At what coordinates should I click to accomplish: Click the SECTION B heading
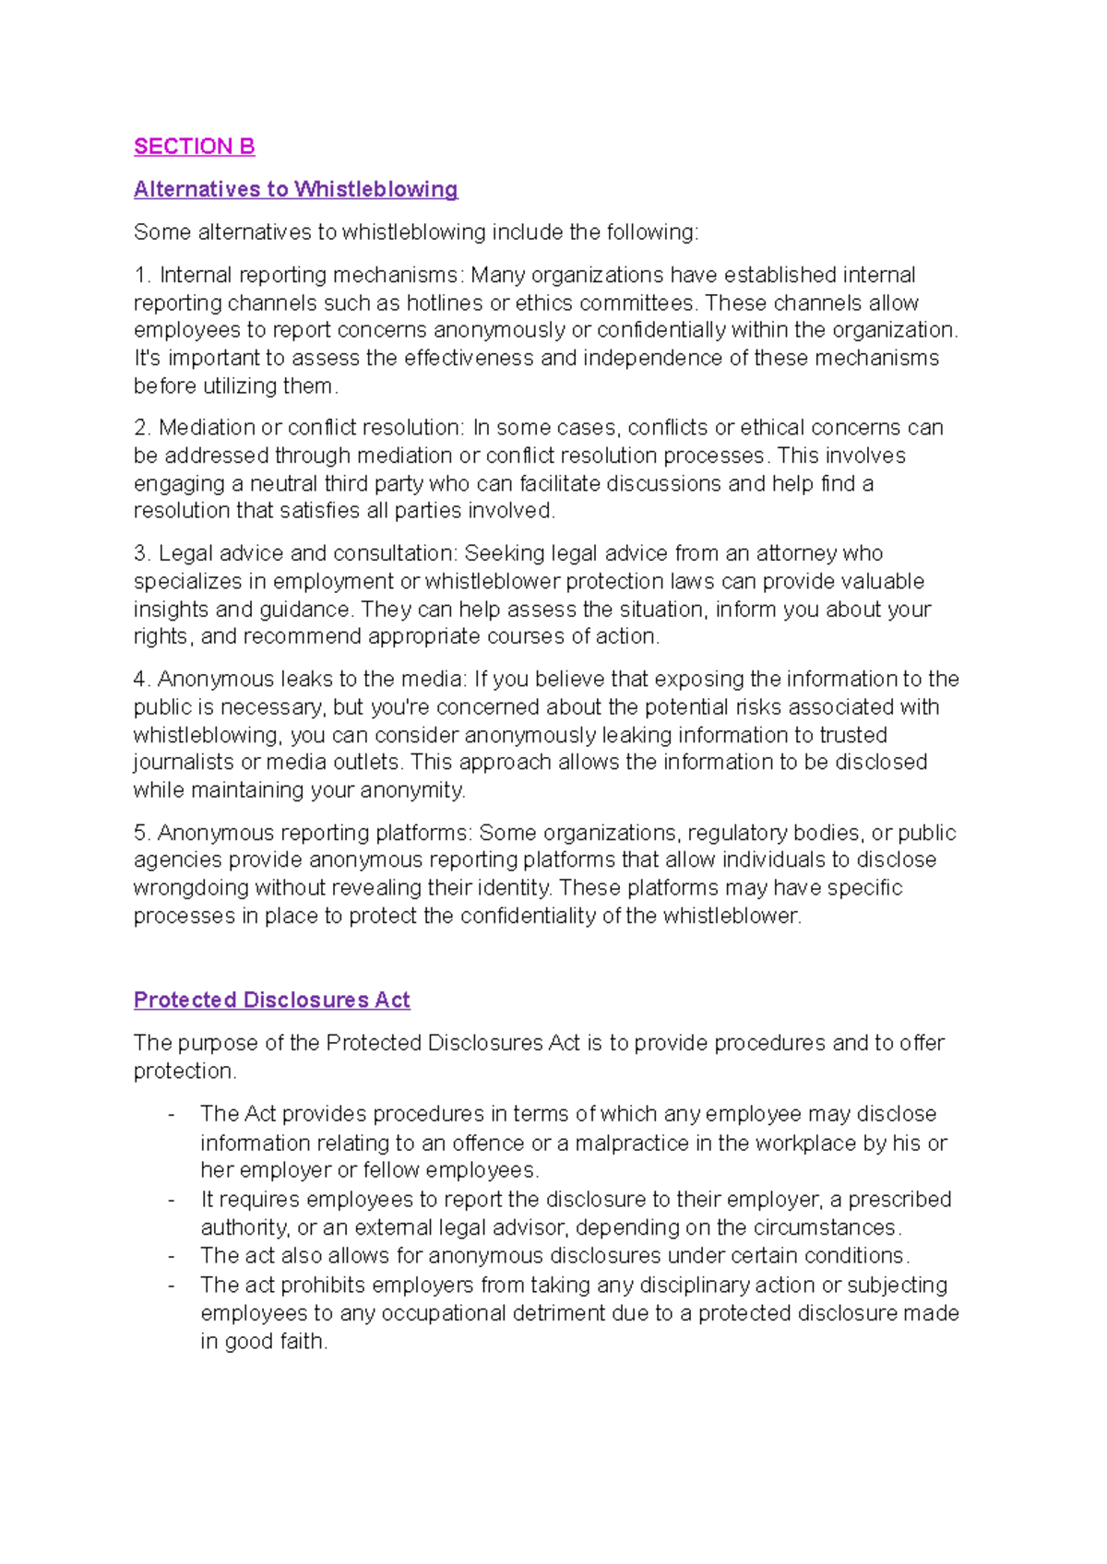194,147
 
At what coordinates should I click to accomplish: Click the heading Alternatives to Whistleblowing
295,189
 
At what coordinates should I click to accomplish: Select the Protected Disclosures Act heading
271,1000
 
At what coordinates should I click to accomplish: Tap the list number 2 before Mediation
141,428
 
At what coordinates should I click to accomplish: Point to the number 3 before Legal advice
141,553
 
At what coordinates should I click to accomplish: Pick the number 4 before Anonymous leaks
141,680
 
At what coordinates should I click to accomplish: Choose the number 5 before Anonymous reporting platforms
141,833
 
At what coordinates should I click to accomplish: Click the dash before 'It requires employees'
172,1200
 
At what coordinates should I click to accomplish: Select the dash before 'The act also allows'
172,1256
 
